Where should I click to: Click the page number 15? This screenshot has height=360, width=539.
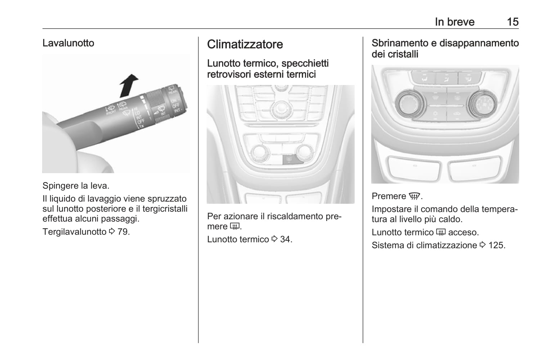pyautogui.click(x=512, y=22)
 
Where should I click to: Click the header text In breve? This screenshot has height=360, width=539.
pyautogui.click(x=454, y=22)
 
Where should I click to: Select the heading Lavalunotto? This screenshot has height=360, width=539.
pyautogui.click(x=68, y=43)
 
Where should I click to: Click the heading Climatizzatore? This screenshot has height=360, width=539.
pyautogui.click(x=245, y=44)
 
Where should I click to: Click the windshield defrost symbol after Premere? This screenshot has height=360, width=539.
pyautogui.click(x=414, y=197)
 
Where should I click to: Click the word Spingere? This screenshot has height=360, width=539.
pyautogui.click(x=60, y=186)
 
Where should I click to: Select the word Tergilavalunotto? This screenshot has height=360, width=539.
pyautogui.click(x=74, y=232)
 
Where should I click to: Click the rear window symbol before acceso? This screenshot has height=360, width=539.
pyautogui.click(x=441, y=233)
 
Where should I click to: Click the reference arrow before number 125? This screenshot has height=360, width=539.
pyautogui.click(x=482, y=246)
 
